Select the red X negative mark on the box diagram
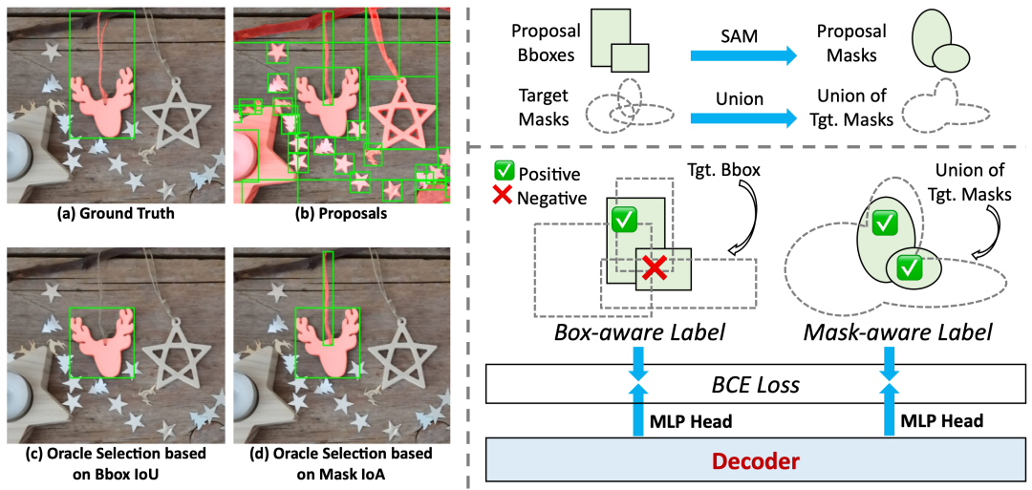coord(654,268)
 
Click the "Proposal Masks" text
coord(850,44)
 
